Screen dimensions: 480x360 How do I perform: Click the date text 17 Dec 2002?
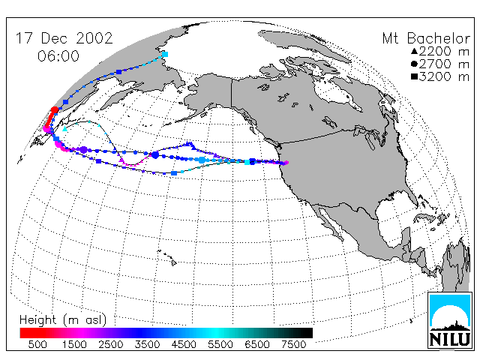64,38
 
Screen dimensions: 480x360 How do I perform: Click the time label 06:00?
58,56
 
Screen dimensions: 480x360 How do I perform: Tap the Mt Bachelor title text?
426,38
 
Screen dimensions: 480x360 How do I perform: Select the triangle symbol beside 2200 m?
414,51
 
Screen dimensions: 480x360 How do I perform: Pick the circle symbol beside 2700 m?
414,64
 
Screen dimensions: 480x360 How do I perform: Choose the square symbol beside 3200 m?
414,76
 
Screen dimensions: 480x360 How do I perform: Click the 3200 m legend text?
444,76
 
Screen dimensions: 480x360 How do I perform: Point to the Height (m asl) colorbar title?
63,320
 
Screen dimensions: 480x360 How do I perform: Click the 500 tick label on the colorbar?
37,344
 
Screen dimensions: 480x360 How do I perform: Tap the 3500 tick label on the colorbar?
147,344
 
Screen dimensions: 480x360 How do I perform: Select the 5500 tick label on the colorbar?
220,344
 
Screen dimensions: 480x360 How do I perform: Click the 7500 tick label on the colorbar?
293,344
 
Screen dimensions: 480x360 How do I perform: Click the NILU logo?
450,320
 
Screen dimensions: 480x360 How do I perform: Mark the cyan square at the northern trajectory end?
165,55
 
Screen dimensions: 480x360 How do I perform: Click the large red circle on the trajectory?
55,110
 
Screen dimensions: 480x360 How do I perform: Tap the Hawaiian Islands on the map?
167,256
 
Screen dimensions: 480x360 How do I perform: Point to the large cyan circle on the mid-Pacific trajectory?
202,160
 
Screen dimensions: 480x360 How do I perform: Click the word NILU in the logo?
450,339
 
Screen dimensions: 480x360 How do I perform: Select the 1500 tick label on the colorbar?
74,344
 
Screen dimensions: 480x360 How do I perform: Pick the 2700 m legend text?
444,64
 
